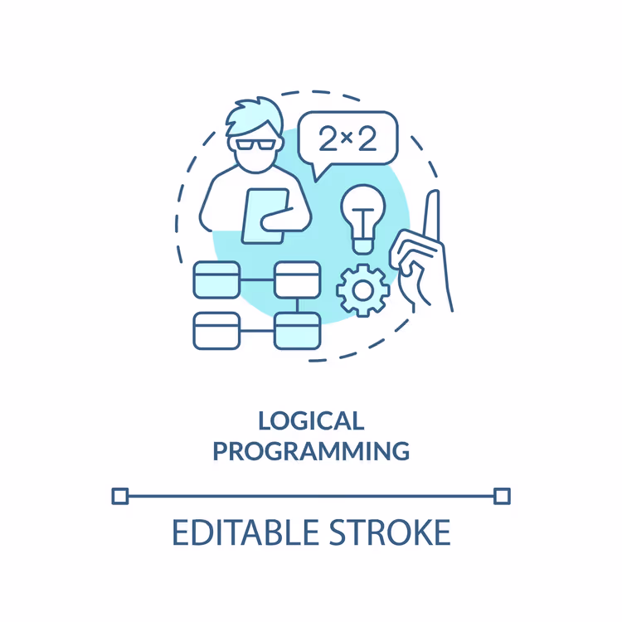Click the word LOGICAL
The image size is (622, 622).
point(311,420)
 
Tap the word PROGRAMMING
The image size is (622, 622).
point(311,451)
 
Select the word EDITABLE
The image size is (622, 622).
point(245,532)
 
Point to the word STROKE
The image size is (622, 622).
point(390,532)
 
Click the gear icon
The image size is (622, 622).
point(362,290)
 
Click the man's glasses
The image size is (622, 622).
point(255,144)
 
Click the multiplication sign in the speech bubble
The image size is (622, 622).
point(347,138)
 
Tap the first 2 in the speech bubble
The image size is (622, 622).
point(328,138)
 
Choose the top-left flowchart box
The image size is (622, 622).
point(216,279)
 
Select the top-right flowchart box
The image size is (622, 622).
point(297,279)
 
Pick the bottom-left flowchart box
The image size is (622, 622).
point(216,331)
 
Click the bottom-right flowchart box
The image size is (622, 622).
point(297,331)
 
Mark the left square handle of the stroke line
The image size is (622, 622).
point(120,496)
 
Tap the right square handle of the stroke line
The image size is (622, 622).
point(502,496)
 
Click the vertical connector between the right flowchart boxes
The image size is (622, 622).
point(297,305)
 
